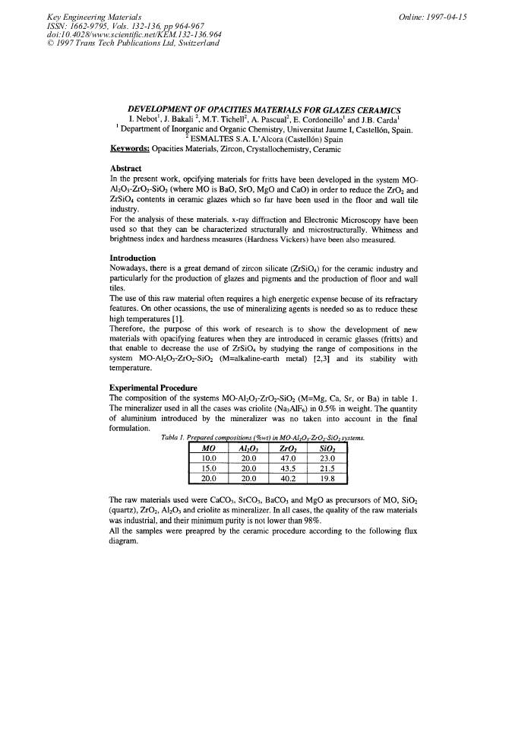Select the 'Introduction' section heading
[x=134, y=258]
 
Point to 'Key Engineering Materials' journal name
[x=87, y=17]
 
